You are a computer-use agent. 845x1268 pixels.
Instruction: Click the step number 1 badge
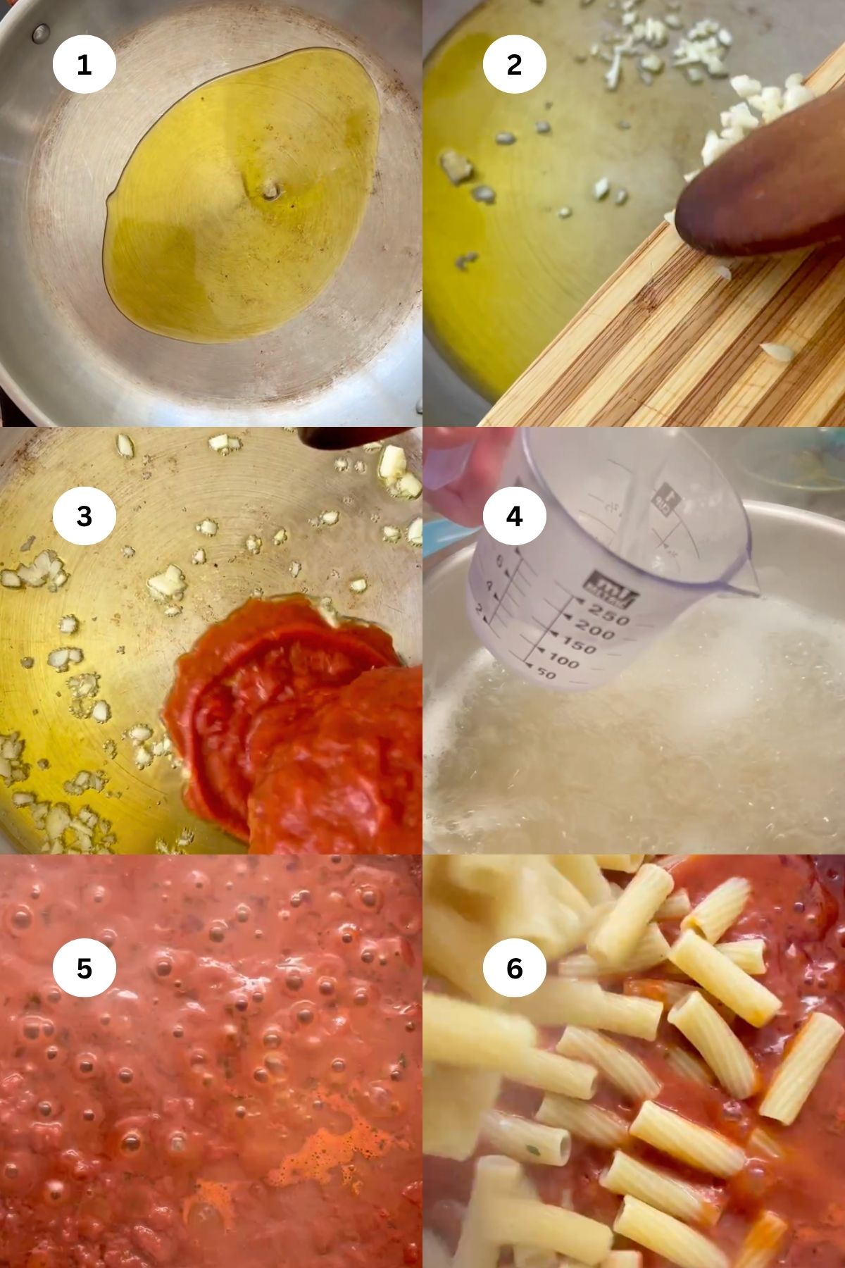[84, 65]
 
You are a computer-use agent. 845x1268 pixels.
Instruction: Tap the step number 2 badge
[514, 65]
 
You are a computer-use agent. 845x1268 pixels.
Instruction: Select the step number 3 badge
[84, 516]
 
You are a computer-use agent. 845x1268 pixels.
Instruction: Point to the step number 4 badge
[514, 516]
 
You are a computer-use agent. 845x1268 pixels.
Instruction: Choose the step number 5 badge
[84, 968]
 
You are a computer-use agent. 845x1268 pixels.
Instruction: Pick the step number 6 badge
[514, 968]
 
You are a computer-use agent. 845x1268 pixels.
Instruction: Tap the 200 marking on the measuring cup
[594, 633]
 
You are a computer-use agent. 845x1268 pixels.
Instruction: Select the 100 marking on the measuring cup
[563, 662]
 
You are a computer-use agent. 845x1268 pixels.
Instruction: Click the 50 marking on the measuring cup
[546, 675]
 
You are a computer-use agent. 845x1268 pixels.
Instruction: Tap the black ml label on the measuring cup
[611, 588]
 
